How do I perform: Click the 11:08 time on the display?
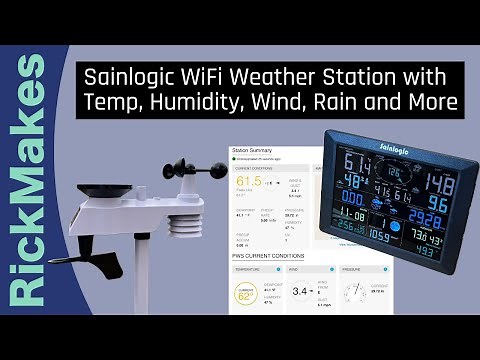click(351, 216)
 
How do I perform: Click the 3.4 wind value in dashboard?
click(301, 292)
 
